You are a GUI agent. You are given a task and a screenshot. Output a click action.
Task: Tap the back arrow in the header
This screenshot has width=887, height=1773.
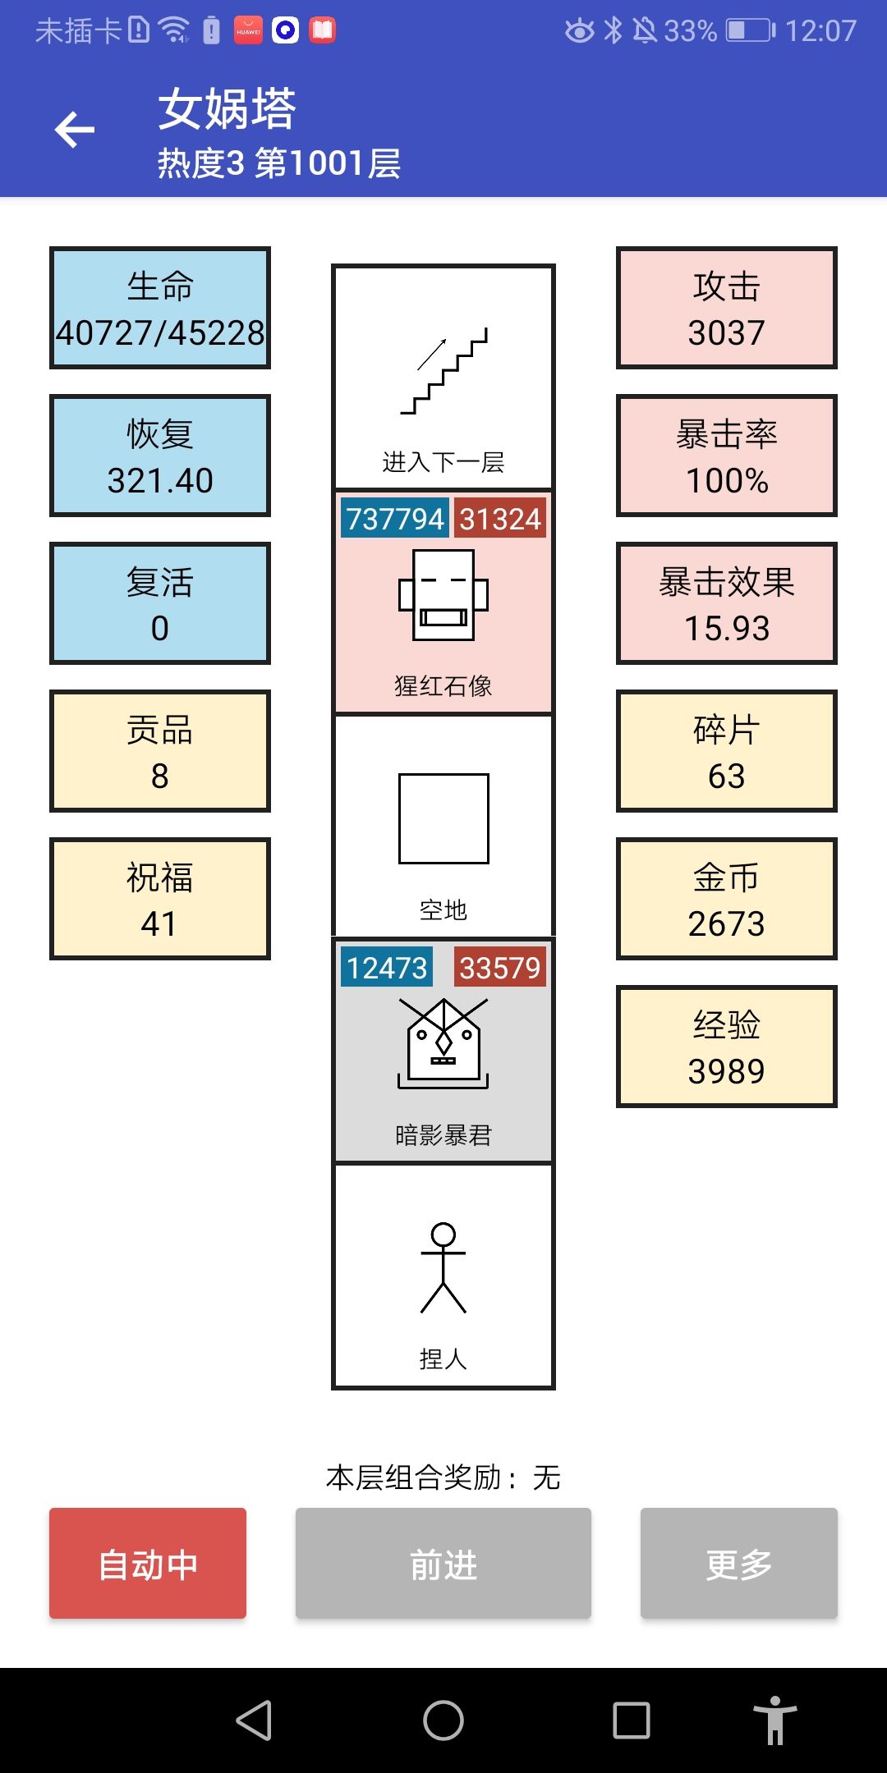[x=75, y=130]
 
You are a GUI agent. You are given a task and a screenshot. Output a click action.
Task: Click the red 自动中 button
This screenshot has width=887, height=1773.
[x=148, y=1563]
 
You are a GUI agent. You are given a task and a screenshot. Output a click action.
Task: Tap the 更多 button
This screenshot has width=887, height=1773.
[x=738, y=1563]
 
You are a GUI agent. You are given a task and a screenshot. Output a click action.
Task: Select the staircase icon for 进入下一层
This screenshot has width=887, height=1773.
[x=443, y=371]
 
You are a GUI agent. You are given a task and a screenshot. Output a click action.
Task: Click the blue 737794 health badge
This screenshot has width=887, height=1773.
[x=395, y=519]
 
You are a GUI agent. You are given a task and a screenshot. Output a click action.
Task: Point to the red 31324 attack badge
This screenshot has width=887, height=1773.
[x=499, y=519]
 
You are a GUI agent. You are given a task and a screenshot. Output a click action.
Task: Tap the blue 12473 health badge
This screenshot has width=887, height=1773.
[x=387, y=968]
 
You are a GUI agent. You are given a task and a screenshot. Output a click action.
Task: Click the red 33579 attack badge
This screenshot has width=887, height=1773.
[x=499, y=968]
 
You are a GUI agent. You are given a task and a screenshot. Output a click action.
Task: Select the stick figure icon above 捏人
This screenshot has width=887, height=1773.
[x=443, y=1268]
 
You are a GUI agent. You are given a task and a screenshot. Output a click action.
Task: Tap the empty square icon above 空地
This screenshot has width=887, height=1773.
[x=443, y=818]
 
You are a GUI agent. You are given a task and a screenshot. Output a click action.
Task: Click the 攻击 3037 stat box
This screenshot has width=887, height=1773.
[x=726, y=308]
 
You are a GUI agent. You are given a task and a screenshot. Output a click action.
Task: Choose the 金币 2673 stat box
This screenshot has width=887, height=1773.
[x=726, y=899]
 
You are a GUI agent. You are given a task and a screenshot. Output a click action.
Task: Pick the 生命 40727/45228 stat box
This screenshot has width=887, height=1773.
[x=160, y=308]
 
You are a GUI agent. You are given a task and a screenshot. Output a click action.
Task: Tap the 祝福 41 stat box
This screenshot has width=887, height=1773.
[x=160, y=899]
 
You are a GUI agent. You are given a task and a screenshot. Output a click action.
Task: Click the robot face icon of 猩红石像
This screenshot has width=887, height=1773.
[x=443, y=595]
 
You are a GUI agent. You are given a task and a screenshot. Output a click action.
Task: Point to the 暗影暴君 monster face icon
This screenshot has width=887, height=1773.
[x=443, y=1042]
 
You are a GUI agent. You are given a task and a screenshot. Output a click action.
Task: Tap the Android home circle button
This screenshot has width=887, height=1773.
[x=443, y=1720]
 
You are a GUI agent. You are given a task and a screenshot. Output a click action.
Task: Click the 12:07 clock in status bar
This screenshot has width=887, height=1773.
[x=820, y=31]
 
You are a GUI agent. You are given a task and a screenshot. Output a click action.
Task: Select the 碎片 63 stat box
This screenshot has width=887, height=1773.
[x=726, y=751]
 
